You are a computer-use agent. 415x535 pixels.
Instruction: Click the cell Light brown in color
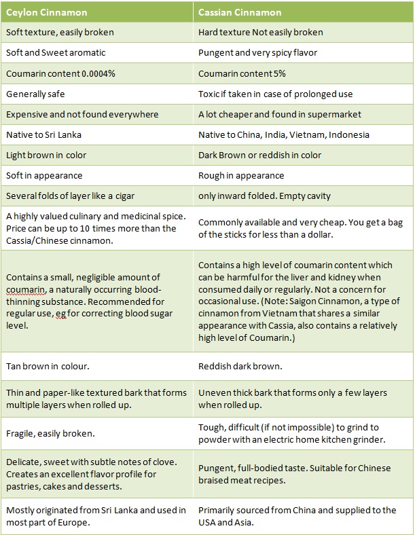tap(46, 155)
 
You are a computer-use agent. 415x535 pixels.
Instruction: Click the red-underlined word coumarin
tap(25, 289)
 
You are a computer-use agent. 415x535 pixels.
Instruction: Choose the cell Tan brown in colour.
tap(48, 367)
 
